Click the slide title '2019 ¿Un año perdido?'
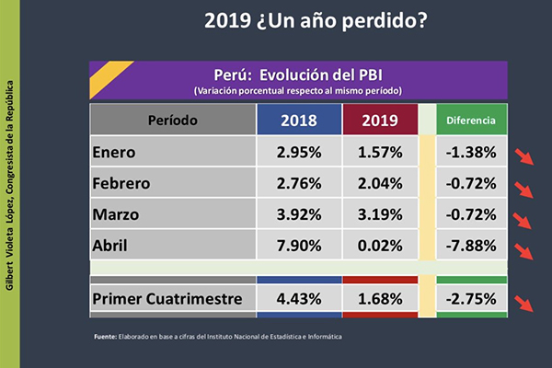(x=316, y=19)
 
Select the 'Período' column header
(x=172, y=121)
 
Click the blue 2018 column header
(x=298, y=121)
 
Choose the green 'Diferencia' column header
(x=471, y=121)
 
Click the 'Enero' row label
(x=115, y=152)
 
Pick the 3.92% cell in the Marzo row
(x=298, y=214)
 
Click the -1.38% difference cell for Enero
(x=471, y=152)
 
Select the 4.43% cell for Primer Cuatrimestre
(x=298, y=299)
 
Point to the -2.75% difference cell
(x=471, y=299)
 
